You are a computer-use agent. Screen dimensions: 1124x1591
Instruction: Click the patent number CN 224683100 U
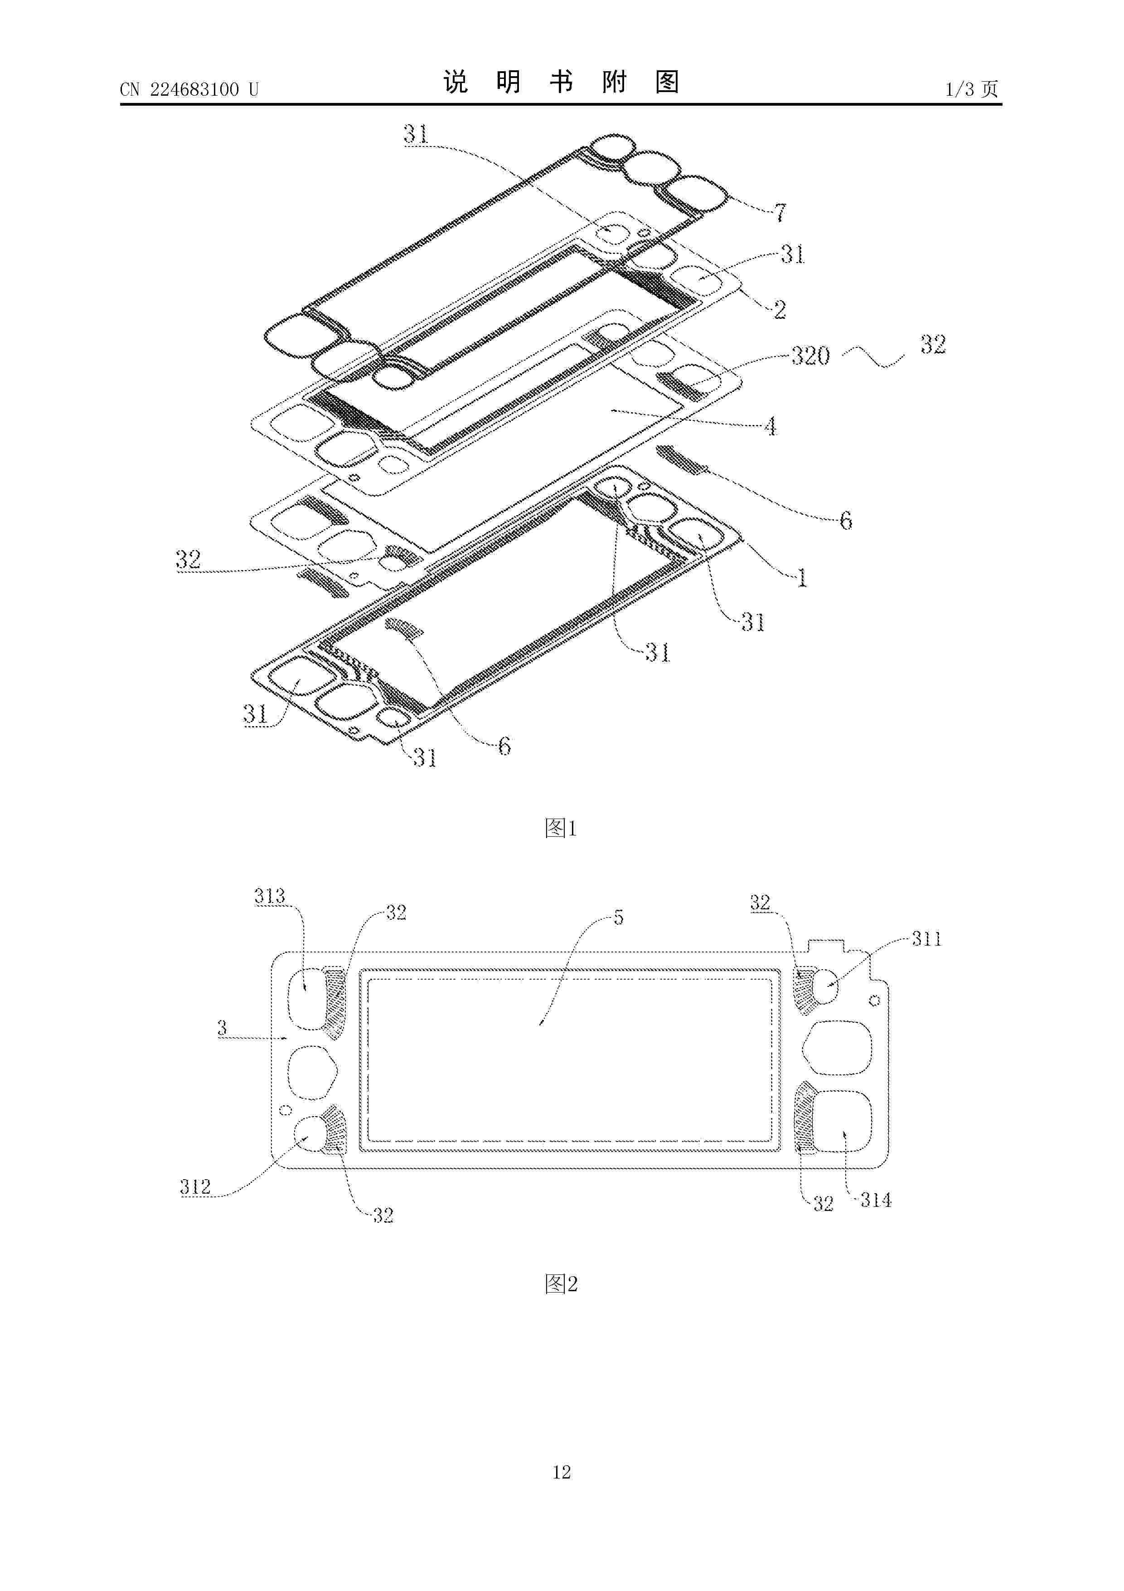(189, 89)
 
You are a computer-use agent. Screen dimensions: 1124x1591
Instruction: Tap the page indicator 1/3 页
(972, 89)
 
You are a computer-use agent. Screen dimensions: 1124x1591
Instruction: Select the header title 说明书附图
(561, 83)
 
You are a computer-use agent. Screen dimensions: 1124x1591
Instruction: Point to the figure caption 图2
(561, 1284)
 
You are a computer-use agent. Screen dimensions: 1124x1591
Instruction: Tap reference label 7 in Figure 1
(780, 213)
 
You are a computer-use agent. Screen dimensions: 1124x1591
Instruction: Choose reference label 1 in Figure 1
(802, 578)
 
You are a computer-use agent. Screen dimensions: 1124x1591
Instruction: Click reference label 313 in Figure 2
(269, 896)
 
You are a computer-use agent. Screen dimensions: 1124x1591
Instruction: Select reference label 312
(195, 1187)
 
